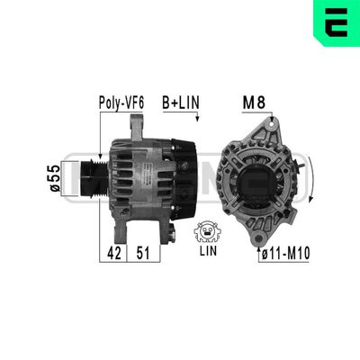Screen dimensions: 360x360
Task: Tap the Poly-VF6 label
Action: pos(119,103)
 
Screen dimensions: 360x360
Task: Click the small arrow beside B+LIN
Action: pos(197,118)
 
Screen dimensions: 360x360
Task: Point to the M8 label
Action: pos(254,103)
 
